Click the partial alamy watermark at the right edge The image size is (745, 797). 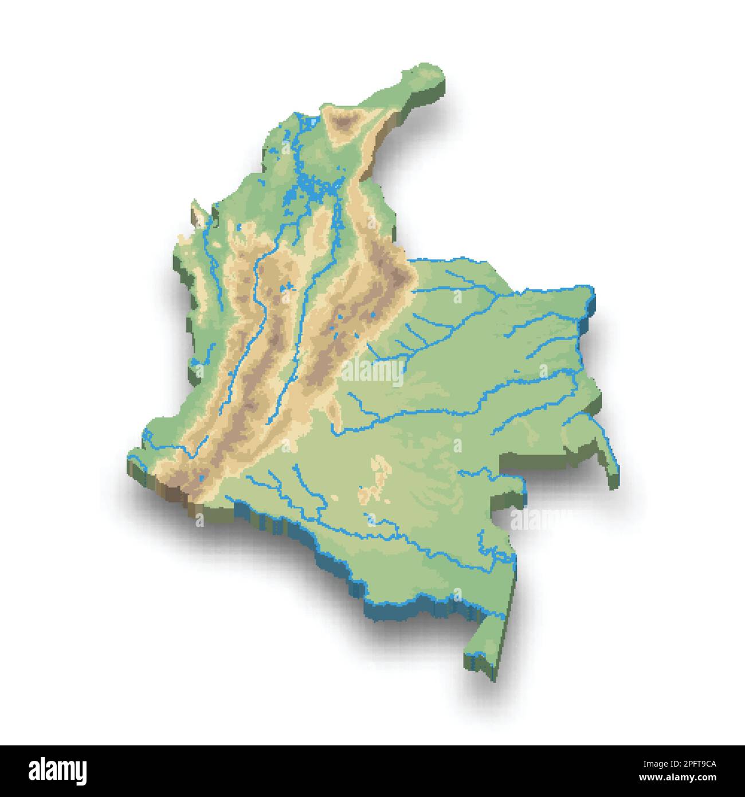tap(533, 519)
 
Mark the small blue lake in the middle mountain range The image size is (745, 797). tap(289, 286)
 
